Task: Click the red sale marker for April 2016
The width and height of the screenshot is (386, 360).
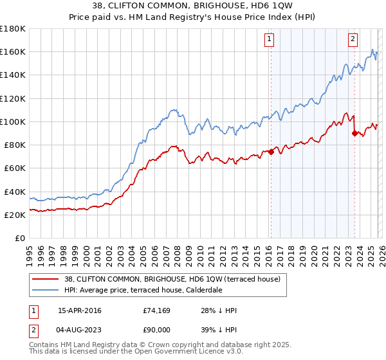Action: pyautogui.click(x=271, y=152)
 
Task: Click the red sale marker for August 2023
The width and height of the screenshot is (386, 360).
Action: pyautogui.click(x=354, y=133)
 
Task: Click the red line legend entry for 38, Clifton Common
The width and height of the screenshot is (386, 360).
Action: pyautogui.click(x=172, y=280)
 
